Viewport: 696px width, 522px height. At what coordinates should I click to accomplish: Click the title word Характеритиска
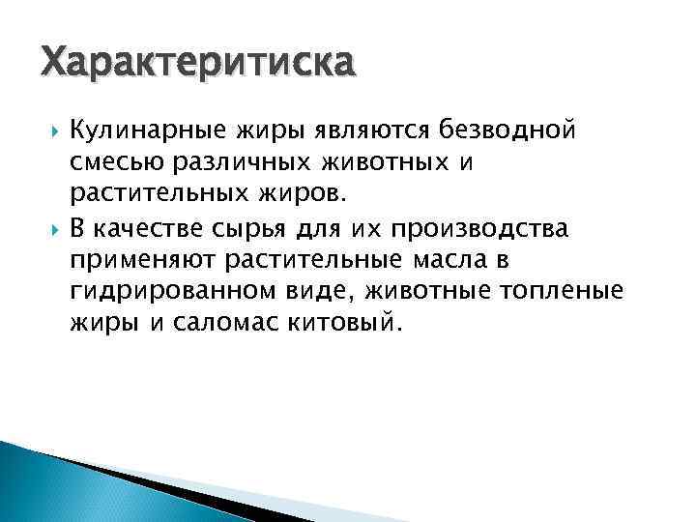(x=198, y=66)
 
